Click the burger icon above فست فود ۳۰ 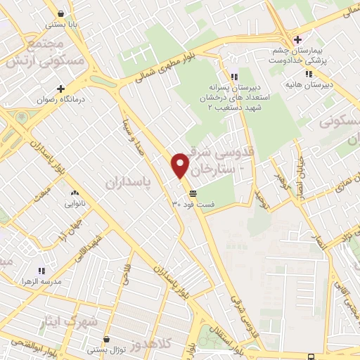tap(193, 193)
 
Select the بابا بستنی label tap(62, 24)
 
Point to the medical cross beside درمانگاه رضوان tap(60, 89)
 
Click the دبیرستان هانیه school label tap(308, 85)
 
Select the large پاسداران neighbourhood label tap(129, 183)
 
